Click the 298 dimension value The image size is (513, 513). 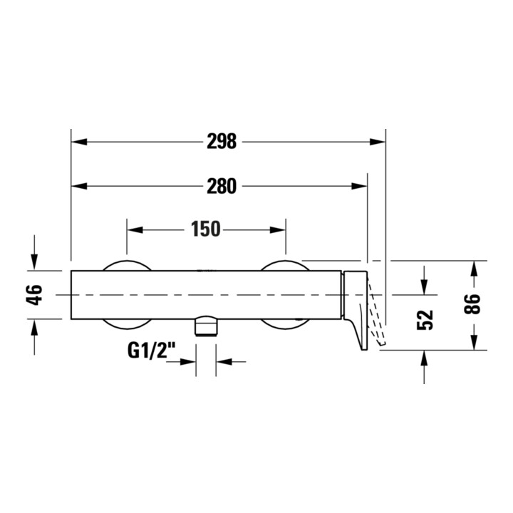222,141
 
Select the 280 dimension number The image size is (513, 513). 222,186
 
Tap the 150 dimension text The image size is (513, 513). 206,229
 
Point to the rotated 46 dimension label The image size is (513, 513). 34,295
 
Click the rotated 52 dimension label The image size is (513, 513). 425,320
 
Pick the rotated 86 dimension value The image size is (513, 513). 472,304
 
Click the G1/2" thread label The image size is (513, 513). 151,351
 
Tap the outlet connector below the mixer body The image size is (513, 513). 206,326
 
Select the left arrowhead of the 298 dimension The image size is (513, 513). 79,142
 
